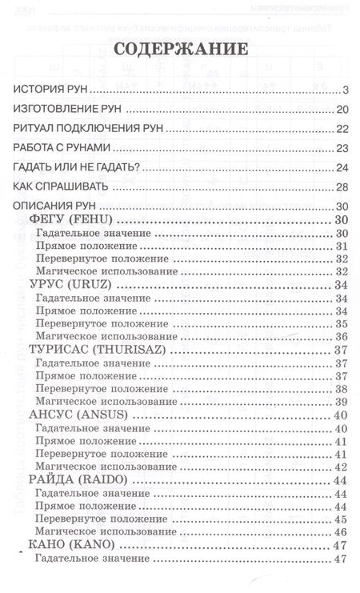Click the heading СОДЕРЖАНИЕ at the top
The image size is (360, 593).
pyautogui.click(x=180, y=50)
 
